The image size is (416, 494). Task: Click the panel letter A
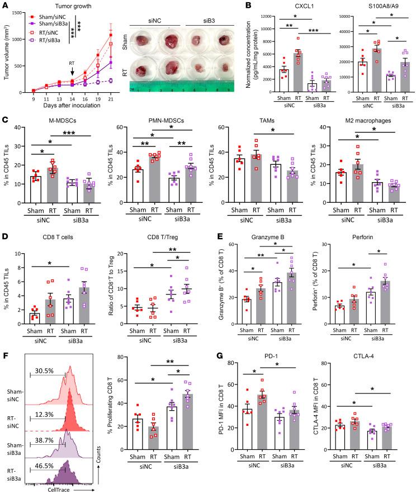coord(5,6)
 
